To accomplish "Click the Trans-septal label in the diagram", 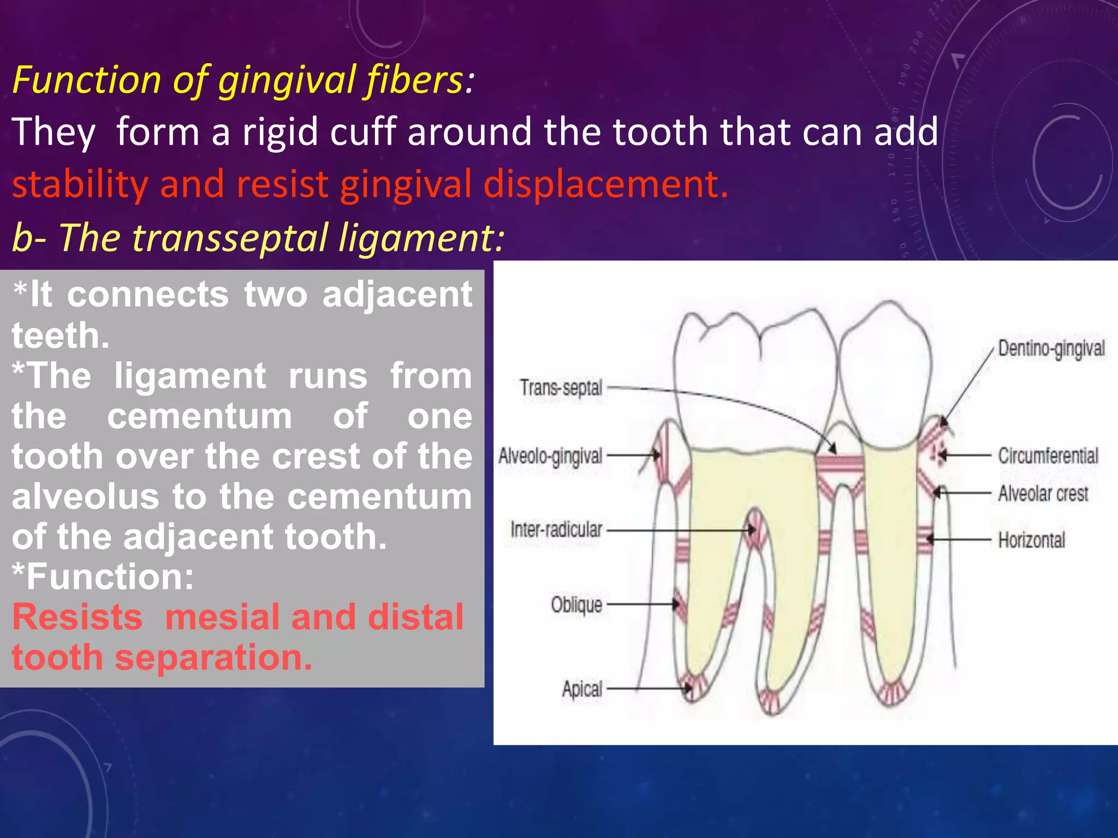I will (561, 388).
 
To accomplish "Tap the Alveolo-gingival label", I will (550, 456).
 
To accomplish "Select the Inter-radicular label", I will (556, 530).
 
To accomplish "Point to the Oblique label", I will (576, 604).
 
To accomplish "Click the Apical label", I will (582, 689).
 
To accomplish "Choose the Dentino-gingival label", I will (1051, 349).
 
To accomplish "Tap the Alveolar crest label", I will (1043, 494).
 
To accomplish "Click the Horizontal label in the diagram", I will (1032, 540).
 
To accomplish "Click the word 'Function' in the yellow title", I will (86, 80).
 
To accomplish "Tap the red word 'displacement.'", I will (606, 184).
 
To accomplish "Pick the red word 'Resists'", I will (78, 617).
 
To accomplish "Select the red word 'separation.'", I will (213, 657).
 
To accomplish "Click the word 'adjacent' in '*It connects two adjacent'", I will (397, 295).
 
